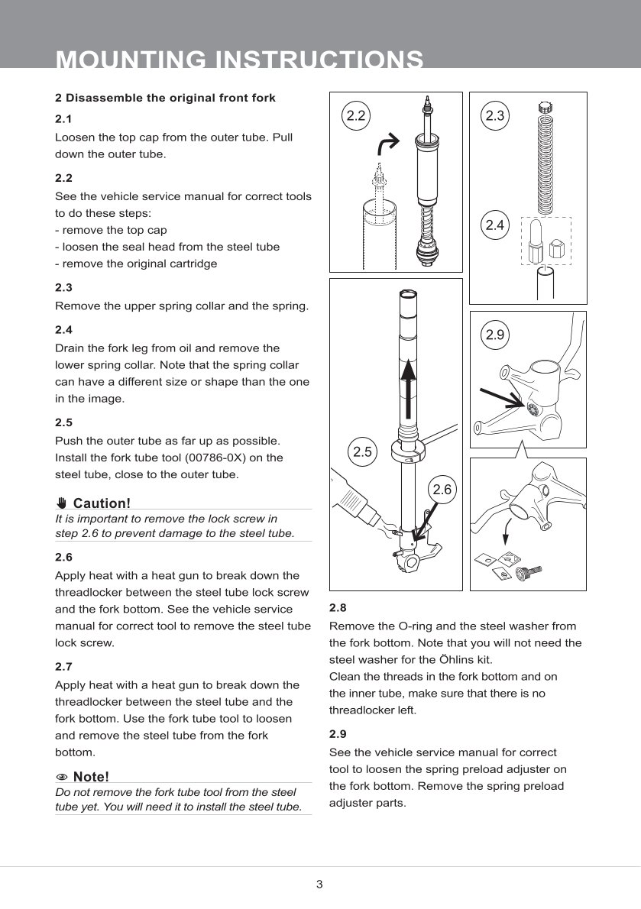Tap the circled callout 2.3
pyautogui.click(x=495, y=115)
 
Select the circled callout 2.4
pyautogui.click(x=495, y=225)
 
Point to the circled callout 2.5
pyautogui.click(x=362, y=451)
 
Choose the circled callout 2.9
pyautogui.click(x=495, y=335)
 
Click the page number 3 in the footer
pyautogui.click(x=319, y=885)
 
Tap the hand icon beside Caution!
pyautogui.click(x=62, y=503)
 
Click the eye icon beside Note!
pyautogui.click(x=62, y=777)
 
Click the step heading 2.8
pyautogui.click(x=338, y=607)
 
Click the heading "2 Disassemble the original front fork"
pyautogui.click(x=165, y=98)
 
